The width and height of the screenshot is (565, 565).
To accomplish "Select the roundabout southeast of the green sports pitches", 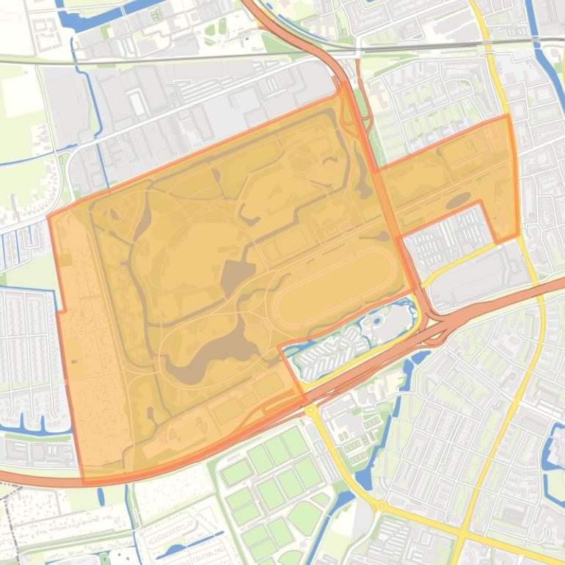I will (x=381, y=506).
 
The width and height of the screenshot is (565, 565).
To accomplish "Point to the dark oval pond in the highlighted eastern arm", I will (x=459, y=200).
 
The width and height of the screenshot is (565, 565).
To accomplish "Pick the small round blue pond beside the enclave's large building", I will (x=377, y=321).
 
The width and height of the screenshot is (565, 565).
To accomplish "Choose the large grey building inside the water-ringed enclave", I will (x=396, y=323).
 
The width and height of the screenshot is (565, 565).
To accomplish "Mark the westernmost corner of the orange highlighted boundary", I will (x=49, y=216).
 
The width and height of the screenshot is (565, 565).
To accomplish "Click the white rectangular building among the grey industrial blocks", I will (x=136, y=103).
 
